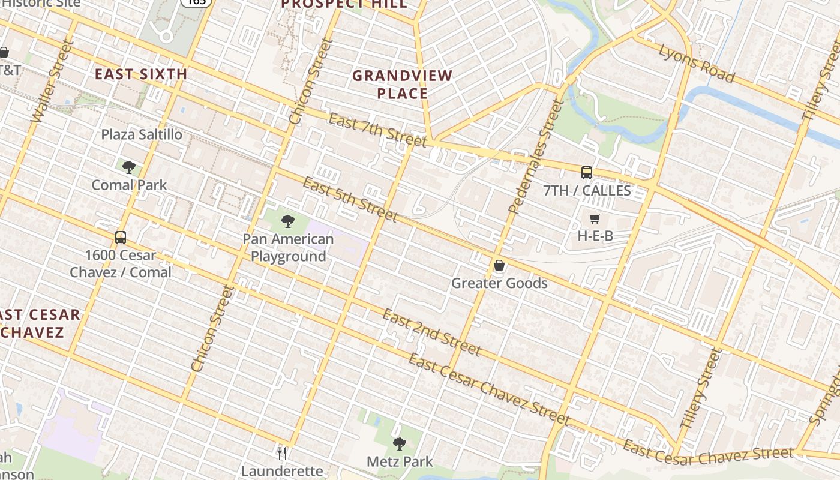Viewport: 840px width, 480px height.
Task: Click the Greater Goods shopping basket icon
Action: click(x=499, y=265)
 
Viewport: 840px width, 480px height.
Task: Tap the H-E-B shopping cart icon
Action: click(x=595, y=219)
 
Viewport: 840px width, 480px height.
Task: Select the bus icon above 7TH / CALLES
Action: click(x=587, y=173)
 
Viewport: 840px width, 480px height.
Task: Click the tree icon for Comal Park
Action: click(x=129, y=167)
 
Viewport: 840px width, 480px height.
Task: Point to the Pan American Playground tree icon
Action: click(x=288, y=221)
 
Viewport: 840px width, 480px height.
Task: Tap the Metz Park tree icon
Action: click(x=400, y=444)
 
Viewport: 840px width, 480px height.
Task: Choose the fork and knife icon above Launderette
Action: click(x=282, y=453)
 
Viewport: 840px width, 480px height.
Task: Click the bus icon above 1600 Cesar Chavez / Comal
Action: click(x=121, y=237)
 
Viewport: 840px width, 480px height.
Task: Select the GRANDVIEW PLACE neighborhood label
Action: click(x=403, y=85)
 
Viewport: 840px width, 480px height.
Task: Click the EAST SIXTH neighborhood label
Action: click(x=142, y=74)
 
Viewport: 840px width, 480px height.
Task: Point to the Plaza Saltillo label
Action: click(x=142, y=134)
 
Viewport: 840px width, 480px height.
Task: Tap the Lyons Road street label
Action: click(x=697, y=63)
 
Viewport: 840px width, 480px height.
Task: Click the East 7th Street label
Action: click(x=378, y=130)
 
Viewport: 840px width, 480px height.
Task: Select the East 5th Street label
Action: click(x=350, y=199)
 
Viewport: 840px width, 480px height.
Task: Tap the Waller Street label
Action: click(x=51, y=82)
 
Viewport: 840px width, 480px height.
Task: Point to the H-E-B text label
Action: click(x=595, y=236)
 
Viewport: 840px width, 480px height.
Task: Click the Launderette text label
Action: click(x=282, y=471)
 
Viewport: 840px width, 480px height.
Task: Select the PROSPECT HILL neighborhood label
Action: click(x=344, y=4)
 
